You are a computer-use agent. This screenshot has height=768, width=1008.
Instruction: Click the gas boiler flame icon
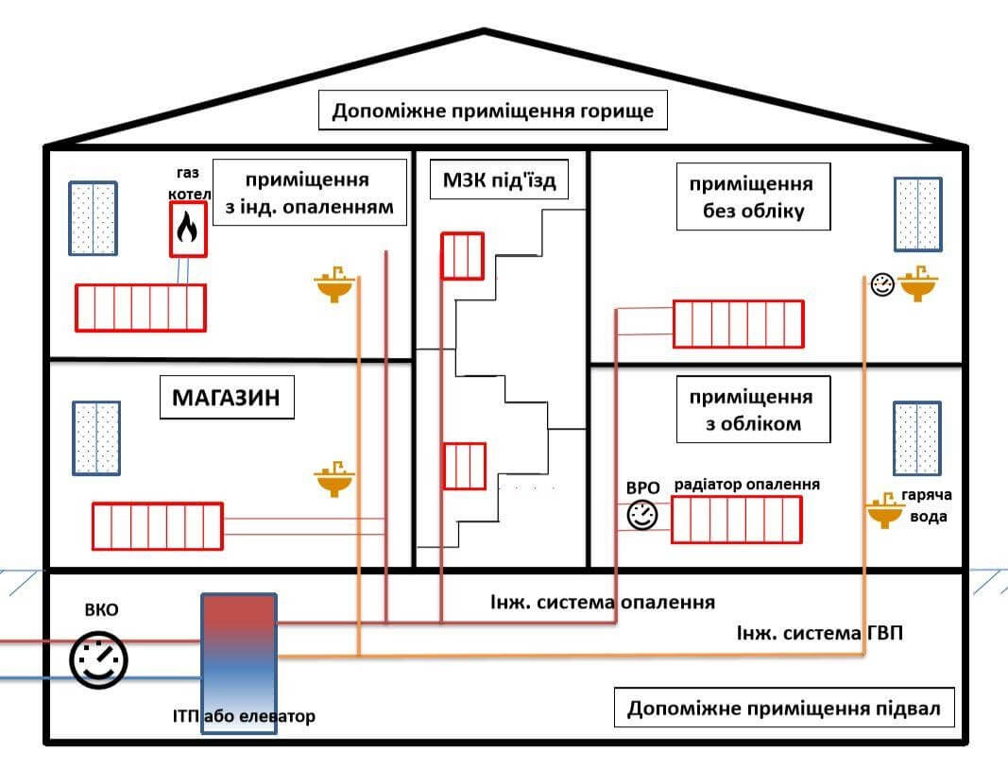pos(188,229)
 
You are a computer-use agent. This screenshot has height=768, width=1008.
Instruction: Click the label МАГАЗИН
pos(226,399)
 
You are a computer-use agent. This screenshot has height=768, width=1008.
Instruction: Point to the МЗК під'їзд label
pos(498,179)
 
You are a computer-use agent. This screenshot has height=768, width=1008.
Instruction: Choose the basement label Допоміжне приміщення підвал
pos(783,708)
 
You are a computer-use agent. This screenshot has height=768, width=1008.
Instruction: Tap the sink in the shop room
pos(333,481)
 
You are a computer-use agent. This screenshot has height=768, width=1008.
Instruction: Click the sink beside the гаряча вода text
pos(885,511)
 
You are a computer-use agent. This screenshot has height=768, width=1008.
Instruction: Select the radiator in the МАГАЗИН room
pos(157,526)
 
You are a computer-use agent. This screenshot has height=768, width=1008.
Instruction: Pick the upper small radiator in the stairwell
pos(463,255)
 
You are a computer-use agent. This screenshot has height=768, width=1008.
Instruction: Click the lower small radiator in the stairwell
pos(463,466)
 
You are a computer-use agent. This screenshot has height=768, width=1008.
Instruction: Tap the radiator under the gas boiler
pos(141,306)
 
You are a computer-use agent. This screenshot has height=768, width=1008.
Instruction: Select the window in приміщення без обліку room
pos(917,213)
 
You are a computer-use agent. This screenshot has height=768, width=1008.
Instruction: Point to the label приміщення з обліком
pos(753,409)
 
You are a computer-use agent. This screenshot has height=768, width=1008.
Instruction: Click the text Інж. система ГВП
pos(819,633)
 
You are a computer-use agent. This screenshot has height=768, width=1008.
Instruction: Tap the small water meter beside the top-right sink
pos(882,284)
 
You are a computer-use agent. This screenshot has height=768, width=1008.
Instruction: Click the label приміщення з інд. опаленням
pos(310,193)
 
